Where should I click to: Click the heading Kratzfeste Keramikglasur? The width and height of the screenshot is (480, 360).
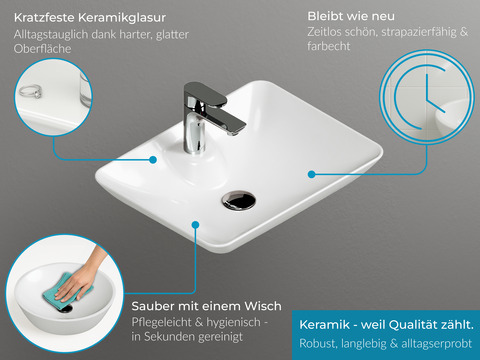(x=89, y=18)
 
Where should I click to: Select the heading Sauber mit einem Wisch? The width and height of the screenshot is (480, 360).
(x=206, y=305)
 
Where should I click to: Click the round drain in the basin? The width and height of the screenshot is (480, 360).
(x=239, y=200)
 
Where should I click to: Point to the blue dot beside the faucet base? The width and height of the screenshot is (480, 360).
(x=153, y=158)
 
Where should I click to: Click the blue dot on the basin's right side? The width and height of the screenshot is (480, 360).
(x=312, y=173)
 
